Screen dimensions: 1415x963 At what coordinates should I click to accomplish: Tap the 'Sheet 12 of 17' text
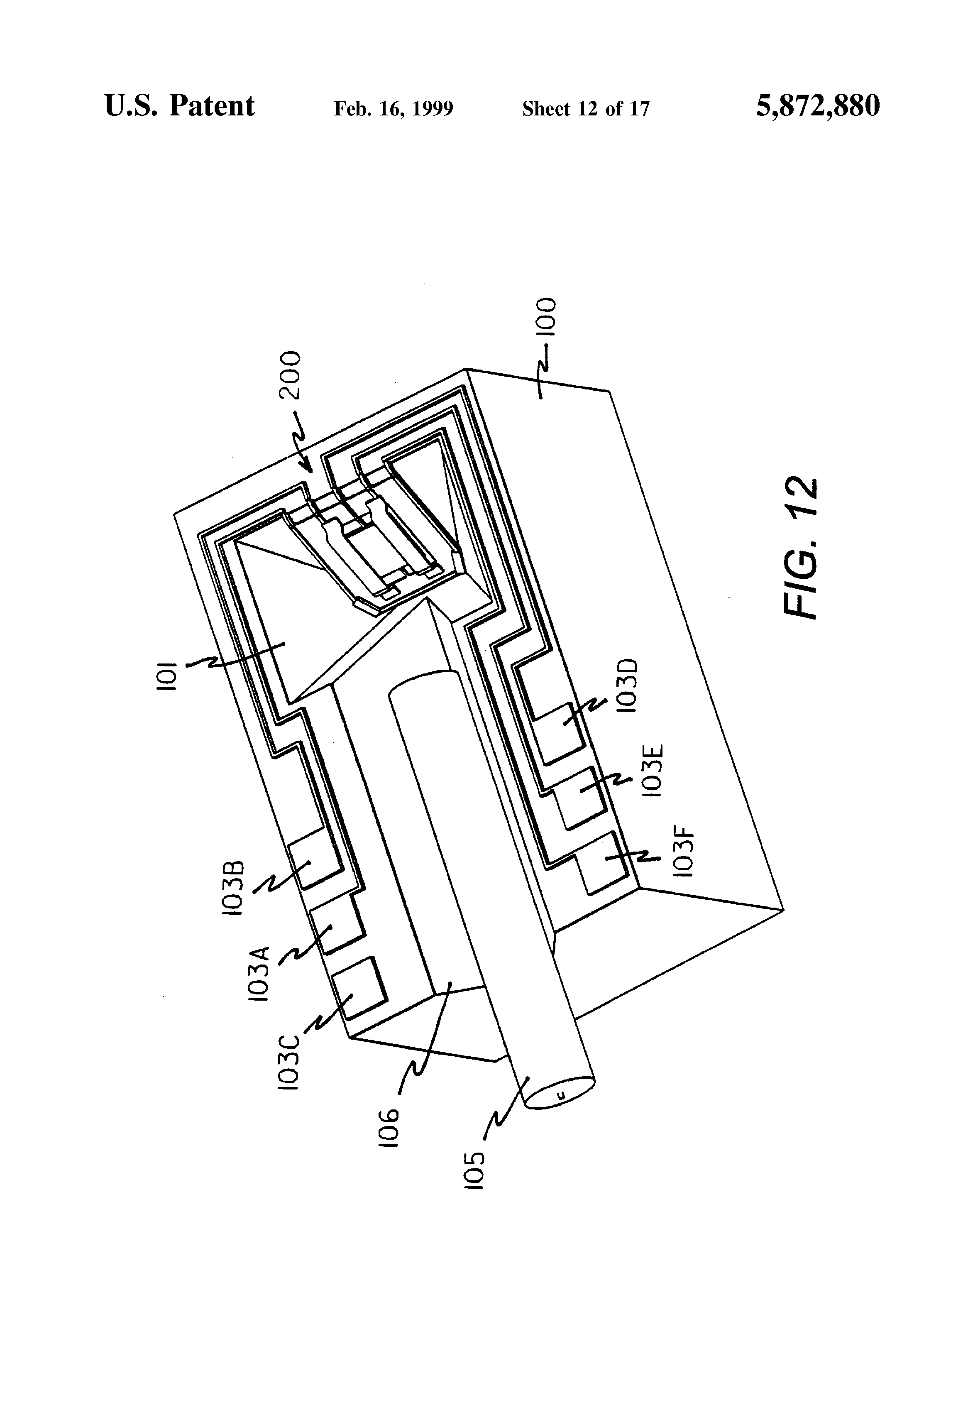[586, 109]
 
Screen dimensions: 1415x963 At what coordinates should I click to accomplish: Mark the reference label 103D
[630, 685]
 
